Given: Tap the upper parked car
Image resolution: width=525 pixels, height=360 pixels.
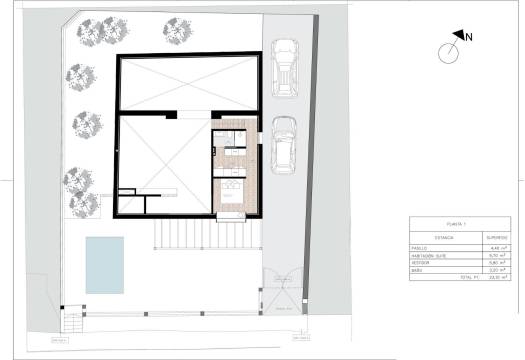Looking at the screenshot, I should [x=285, y=66].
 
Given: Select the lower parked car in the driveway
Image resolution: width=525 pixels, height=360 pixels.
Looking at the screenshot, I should [x=285, y=145].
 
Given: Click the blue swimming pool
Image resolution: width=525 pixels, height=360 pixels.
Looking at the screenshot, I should [x=104, y=264].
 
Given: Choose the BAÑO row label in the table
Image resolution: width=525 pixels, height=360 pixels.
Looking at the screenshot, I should [x=418, y=271].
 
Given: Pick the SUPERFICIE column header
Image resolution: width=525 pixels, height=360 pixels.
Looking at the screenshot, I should [x=494, y=238].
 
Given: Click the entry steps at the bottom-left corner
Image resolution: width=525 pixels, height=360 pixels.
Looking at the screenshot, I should [x=72, y=324].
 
